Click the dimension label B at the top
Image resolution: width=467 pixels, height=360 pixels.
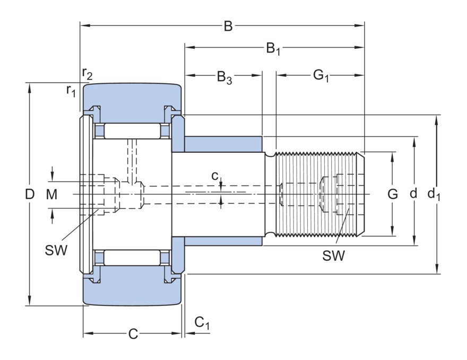tap(228, 26)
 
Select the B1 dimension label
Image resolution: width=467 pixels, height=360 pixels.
tap(273, 49)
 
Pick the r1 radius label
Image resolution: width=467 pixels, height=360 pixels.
tap(71, 90)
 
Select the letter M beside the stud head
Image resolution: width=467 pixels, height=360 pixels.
tap(51, 195)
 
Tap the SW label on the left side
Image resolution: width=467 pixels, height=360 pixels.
tap(56, 250)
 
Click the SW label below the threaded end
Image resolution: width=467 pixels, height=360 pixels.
tap(333, 256)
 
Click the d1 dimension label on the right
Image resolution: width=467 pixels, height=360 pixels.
tap(434, 195)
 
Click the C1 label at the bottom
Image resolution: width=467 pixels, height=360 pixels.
tap(202, 322)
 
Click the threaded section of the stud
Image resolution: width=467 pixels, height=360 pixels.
tap(318, 194)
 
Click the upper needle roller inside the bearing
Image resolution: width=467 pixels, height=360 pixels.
tap(132, 130)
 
